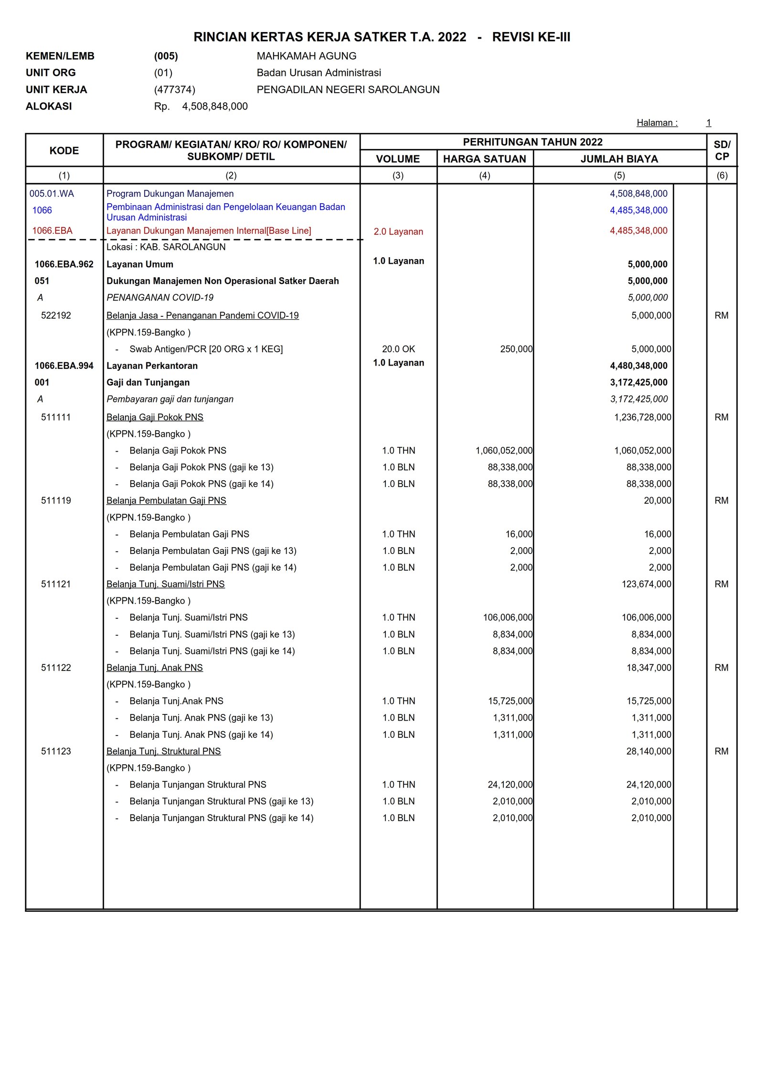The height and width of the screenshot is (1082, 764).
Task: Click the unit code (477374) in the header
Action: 174,89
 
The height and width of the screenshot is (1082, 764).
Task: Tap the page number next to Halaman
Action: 709,123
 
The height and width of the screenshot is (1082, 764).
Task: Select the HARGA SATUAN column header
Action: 484,159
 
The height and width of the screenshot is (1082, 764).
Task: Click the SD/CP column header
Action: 722,151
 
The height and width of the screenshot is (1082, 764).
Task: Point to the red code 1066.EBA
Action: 52,230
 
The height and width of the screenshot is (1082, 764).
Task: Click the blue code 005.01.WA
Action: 52,194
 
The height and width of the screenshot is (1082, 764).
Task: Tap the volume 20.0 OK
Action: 398,349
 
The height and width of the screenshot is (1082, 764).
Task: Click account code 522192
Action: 56,315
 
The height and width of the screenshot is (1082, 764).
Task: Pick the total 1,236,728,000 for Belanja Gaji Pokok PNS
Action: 642,417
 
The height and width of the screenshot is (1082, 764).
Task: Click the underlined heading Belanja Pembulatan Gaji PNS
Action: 166,500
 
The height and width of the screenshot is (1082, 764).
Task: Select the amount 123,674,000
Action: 646,584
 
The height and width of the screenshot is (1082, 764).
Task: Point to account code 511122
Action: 56,668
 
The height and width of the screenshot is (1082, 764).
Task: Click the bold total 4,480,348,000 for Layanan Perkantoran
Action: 638,366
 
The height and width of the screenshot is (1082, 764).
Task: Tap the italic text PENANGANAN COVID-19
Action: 160,297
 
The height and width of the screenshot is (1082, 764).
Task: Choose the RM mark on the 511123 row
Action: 721,751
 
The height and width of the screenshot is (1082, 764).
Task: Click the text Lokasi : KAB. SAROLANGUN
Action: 166,247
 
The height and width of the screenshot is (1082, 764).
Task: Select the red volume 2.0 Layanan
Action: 398,231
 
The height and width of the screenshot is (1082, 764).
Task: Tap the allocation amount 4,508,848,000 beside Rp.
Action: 215,106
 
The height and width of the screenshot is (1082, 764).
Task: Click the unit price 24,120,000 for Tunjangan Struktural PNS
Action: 509,784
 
